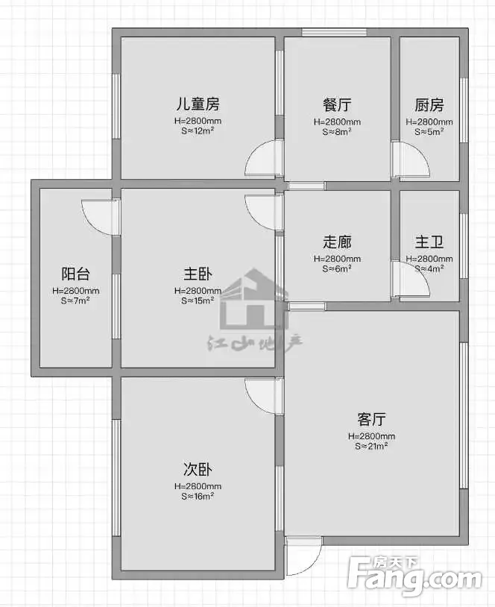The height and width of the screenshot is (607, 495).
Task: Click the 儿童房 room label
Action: click(198, 104)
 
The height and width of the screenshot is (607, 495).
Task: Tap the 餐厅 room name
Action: click(337, 104)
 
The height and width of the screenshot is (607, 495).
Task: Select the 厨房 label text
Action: click(429, 104)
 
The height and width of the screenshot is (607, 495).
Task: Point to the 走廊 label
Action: click(337, 242)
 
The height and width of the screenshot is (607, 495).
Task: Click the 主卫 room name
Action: click(429, 242)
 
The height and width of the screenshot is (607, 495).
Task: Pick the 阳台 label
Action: click(76, 274)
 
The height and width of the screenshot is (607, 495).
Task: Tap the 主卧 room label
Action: click(198, 274)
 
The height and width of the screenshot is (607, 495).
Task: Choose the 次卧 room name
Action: click(198, 470)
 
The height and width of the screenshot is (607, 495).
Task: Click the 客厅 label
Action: click(371, 419)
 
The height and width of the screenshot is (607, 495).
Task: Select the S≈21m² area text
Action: click(371, 446)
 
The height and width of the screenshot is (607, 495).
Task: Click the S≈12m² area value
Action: click(198, 130)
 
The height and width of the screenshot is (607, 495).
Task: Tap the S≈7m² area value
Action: click(76, 301)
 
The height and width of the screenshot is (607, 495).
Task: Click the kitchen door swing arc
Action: click(423, 152)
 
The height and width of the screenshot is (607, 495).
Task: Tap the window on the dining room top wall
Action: click(334, 33)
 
